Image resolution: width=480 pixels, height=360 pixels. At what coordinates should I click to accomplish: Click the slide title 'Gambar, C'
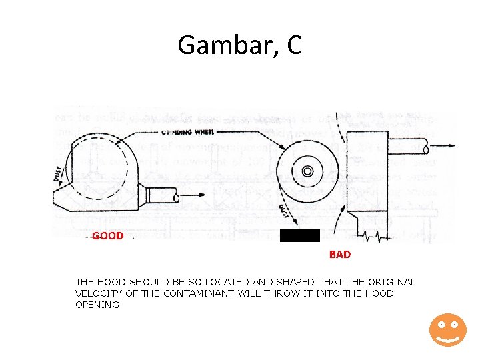[240, 45]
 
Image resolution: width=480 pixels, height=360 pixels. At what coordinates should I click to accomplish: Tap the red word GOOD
[107, 236]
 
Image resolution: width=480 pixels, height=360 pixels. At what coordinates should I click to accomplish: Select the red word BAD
[340, 255]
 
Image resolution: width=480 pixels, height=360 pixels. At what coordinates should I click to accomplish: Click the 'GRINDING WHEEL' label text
[187, 132]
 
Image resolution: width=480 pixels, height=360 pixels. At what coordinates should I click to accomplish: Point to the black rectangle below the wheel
[300, 235]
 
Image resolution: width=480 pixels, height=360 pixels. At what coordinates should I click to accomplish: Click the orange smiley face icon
[447, 329]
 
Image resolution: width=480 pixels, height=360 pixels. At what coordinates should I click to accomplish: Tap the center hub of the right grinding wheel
[307, 171]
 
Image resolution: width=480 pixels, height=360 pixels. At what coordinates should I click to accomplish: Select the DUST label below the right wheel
[283, 213]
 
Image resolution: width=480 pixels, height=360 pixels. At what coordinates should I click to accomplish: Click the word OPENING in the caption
[97, 305]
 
